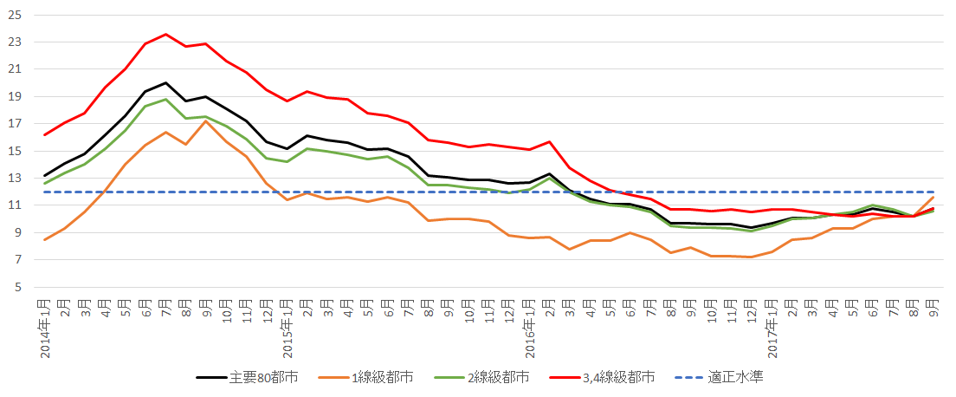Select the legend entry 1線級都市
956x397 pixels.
pos(382,377)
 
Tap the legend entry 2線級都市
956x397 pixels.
pos(499,377)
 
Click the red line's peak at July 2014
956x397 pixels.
pos(166,35)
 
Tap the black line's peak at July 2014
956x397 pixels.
pos(166,82)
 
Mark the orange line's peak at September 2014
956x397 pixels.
pos(206,120)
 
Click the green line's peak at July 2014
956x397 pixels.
pos(166,99)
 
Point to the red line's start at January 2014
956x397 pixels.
pos(44,134)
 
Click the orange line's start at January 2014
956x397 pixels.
pos(44,240)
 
